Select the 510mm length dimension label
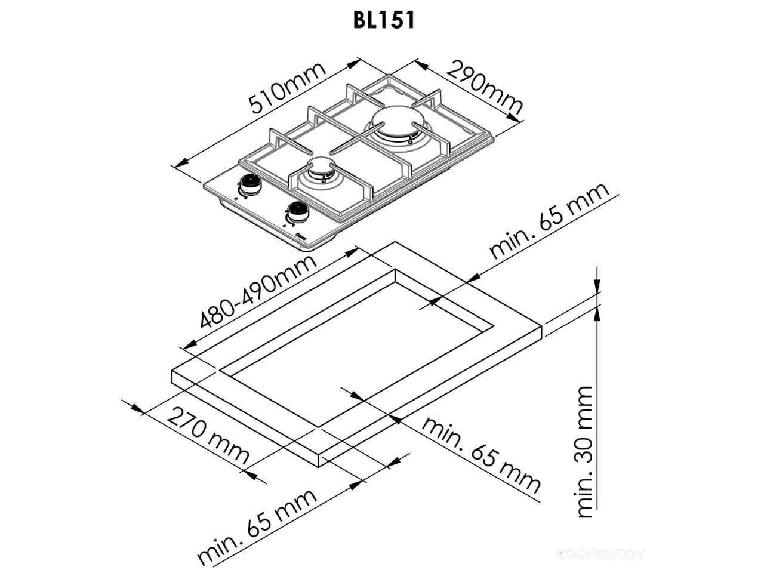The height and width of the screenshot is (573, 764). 288,88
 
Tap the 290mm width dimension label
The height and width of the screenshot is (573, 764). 484,88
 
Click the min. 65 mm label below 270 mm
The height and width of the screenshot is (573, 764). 257,526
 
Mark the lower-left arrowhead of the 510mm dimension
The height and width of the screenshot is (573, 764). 178,163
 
